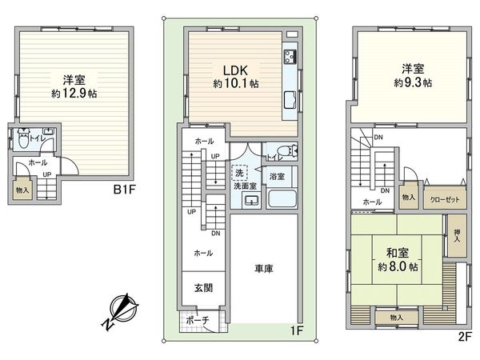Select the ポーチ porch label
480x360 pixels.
[196, 321]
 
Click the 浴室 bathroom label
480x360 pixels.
[278, 175]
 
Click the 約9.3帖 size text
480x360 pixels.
[412, 82]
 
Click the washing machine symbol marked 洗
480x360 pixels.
[238, 172]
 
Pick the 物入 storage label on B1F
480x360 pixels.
[22, 190]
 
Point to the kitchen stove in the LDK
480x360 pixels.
[289, 58]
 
